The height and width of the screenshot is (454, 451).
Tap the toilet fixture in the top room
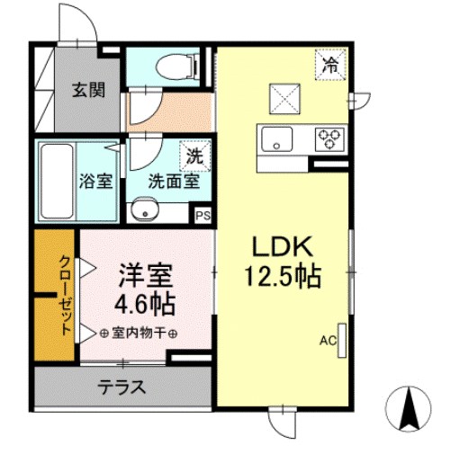[x=171, y=66]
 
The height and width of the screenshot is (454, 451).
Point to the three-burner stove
[x=329, y=138]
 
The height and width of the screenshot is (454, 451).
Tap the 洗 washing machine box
[x=194, y=155]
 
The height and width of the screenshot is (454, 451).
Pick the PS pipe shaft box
[x=203, y=216]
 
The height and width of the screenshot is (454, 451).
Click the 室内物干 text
[x=139, y=333]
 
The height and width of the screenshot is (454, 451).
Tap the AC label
[x=328, y=341]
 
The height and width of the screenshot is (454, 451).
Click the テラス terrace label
[x=122, y=387]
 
